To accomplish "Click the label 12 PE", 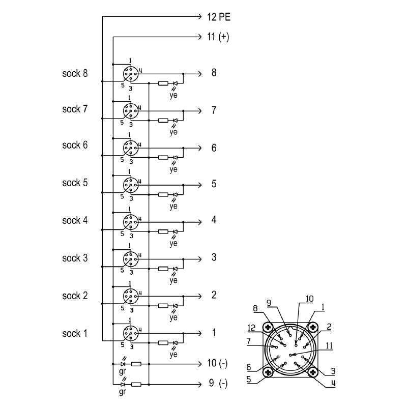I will coord(219,17).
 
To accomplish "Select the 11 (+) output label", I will coord(217,37).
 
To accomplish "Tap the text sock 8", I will coord(75,73).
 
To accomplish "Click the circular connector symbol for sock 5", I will coord(130,185).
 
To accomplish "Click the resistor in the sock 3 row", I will coord(163,269).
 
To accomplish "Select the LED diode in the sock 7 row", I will coord(176,121).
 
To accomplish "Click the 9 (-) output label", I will coord(217,383).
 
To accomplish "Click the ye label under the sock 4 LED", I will coord(173,243).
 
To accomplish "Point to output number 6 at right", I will coord(214,148).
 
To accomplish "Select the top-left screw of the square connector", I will coord(268,327).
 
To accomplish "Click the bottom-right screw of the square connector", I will coord(312,373).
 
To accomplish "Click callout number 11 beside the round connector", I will coord(329,345).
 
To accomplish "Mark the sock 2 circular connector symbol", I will coord(130,297).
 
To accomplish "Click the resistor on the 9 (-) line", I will coord(136,384).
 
